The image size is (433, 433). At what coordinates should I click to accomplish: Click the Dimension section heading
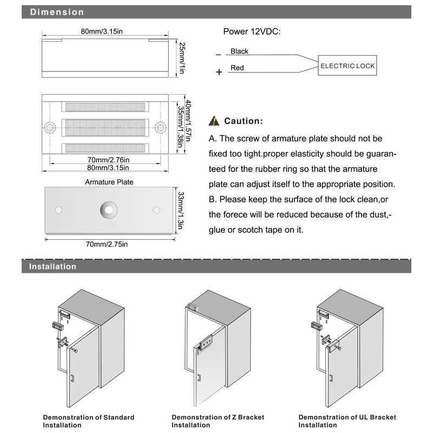pos(57,12)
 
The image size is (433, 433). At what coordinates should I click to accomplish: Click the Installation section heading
pos(53,266)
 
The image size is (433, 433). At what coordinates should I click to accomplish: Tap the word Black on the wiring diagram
pos(239,51)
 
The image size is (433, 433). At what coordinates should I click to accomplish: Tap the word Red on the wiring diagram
pos(237,68)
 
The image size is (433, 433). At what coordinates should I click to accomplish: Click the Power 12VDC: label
pos(252,31)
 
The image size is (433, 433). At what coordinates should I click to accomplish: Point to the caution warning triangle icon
pos(215,121)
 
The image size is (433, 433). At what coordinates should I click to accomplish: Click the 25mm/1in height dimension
pos(182,57)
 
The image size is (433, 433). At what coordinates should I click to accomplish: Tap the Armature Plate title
pos(109,182)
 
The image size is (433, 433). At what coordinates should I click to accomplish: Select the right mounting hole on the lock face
pos(161,128)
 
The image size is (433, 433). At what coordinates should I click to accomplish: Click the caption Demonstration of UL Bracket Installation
pos(347,421)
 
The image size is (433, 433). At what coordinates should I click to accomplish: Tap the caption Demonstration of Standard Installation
pos(89,421)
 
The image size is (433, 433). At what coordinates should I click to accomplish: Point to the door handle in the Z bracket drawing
pos(199,378)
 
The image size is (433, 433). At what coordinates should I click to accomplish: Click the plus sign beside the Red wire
pos(219,72)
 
